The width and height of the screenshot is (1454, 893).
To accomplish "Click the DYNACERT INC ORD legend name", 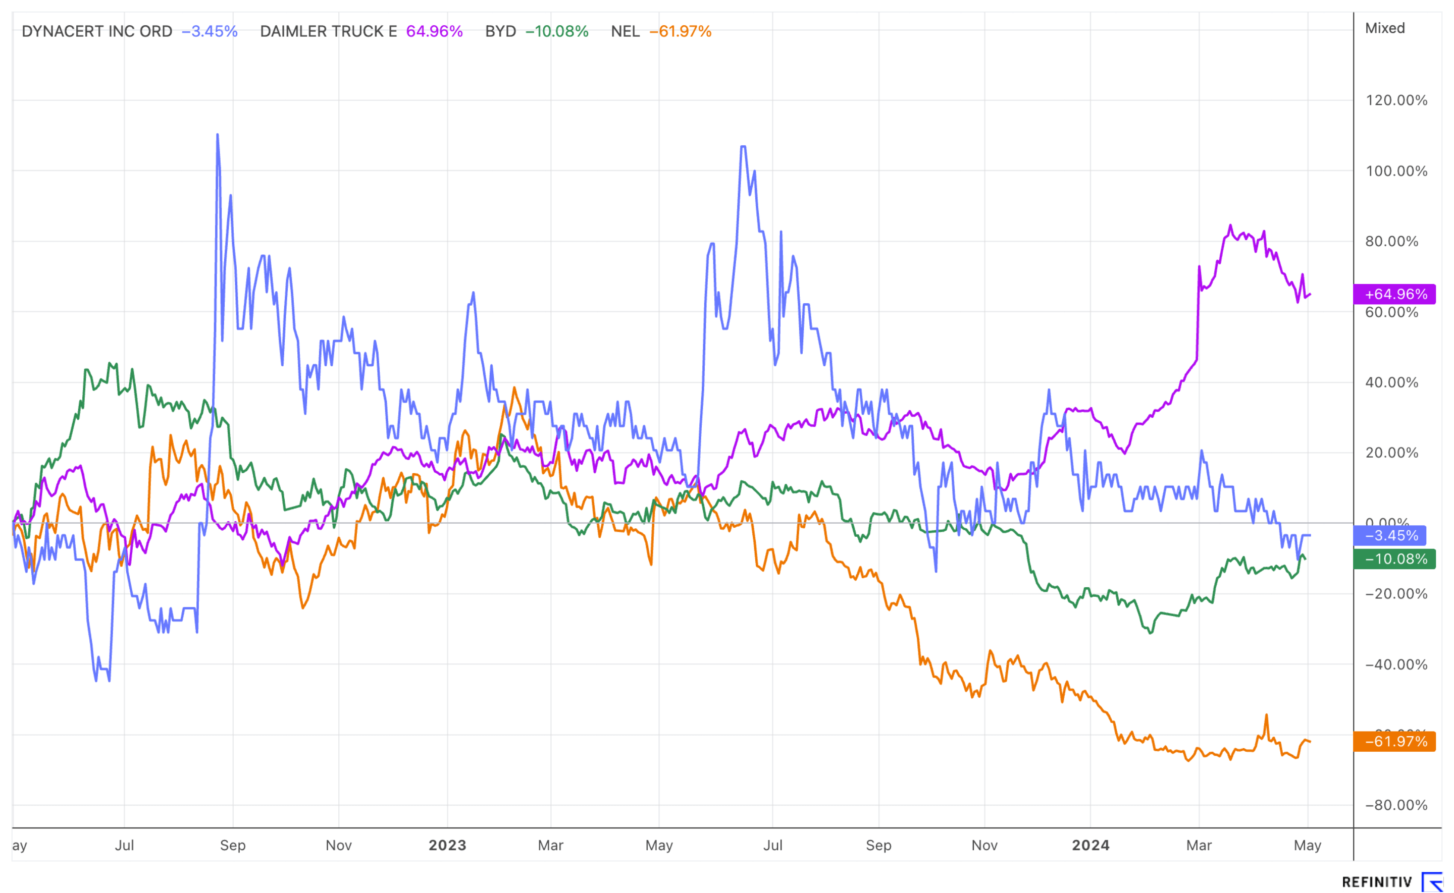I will pyautogui.click(x=97, y=31).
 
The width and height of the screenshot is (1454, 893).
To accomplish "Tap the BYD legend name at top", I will pyautogui.click(x=500, y=31).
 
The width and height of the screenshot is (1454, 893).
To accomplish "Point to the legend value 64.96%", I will pyautogui.click(x=434, y=31).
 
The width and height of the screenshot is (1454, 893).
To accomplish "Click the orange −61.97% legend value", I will pyautogui.click(x=680, y=31).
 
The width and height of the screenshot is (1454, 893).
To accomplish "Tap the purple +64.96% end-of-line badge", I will pyautogui.click(x=1394, y=294).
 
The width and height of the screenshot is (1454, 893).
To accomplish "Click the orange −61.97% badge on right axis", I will pyautogui.click(x=1394, y=741).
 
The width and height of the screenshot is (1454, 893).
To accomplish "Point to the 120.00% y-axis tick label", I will pyautogui.click(x=1396, y=100).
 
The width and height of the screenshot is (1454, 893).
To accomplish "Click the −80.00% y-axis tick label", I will pyautogui.click(x=1396, y=805).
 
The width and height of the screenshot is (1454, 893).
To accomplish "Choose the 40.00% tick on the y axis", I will pyautogui.click(x=1391, y=383).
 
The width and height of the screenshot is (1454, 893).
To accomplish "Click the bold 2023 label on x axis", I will pyautogui.click(x=447, y=845).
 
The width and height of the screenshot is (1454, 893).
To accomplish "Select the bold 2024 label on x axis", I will pyautogui.click(x=1090, y=845).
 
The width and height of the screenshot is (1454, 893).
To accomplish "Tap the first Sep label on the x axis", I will pyautogui.click(x=233, y=845).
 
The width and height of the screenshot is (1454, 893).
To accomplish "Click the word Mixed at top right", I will pyautogui.click(x=1385, y=28).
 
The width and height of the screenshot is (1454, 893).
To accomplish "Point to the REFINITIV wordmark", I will pyautogui.click(x=1377, y=882).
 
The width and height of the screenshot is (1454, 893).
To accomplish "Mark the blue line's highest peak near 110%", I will pyautogui.click(x=218, y=135).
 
